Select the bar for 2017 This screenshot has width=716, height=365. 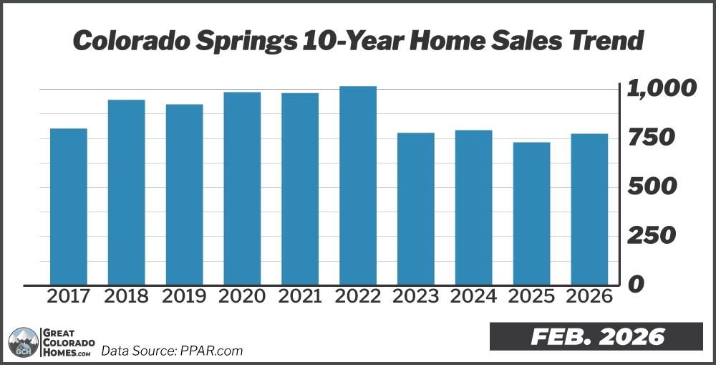[69, 206]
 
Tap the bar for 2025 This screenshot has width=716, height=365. [531, 213]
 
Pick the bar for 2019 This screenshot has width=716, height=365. [184, 194]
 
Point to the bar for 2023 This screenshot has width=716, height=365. [416, 208]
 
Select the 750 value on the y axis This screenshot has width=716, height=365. [651, 138]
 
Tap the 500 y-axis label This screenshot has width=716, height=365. [652, 187]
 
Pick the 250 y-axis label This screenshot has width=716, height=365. [651, 236]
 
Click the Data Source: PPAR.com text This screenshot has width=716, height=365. [172, 351]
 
